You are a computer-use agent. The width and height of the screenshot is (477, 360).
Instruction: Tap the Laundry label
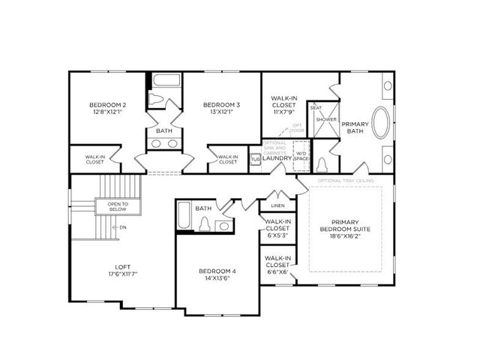point(277,158)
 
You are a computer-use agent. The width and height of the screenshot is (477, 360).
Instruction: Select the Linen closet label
point(277,205)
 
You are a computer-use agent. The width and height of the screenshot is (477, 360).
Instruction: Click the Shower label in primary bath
point(325,120)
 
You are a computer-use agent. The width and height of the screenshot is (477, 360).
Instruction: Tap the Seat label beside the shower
point(316,108)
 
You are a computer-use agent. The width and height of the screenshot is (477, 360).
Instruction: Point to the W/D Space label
point(301,156)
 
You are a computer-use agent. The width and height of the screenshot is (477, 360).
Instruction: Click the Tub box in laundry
point(254,158)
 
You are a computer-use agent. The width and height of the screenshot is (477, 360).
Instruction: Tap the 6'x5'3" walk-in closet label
point(277,228)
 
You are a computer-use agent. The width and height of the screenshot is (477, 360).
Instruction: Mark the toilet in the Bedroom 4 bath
point(205,224)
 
